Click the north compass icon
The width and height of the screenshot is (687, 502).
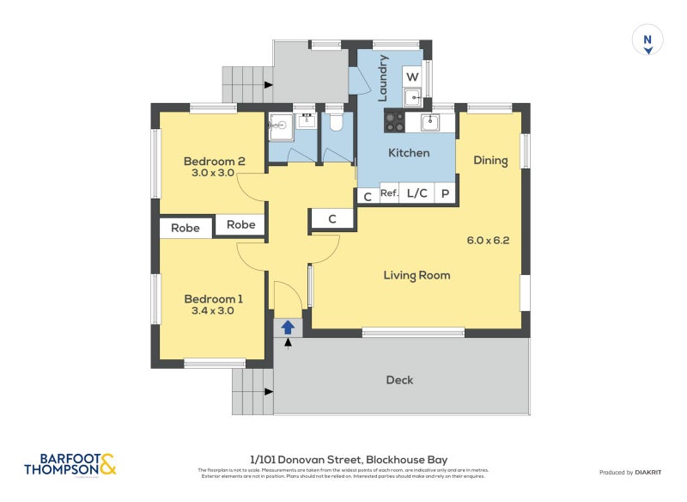point(648,41)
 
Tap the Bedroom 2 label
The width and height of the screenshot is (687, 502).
point(214,162)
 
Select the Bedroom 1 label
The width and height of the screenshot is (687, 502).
point(214,299)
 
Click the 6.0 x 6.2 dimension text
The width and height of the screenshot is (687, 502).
point(488,241)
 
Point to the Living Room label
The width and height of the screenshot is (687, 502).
point(416,275)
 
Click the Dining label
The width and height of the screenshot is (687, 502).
point(490,161)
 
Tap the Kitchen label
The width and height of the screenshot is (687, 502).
point(409,153)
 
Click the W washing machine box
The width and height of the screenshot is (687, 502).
point(412,76)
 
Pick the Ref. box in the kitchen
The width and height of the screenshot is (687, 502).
point(389,193)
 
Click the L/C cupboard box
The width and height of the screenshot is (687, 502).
point(417,193)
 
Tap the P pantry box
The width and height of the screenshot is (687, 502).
point(446,193)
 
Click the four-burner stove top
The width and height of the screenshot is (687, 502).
point(394,122)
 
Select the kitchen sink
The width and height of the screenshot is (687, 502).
point(429,122)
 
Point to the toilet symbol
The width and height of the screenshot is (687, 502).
point(336,122)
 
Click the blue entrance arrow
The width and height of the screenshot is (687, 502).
point(288,327)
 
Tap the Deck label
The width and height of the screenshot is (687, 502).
point(399,380)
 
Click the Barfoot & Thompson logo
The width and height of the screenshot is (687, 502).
point(70,465)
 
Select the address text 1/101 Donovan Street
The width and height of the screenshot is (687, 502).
point(349,460)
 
